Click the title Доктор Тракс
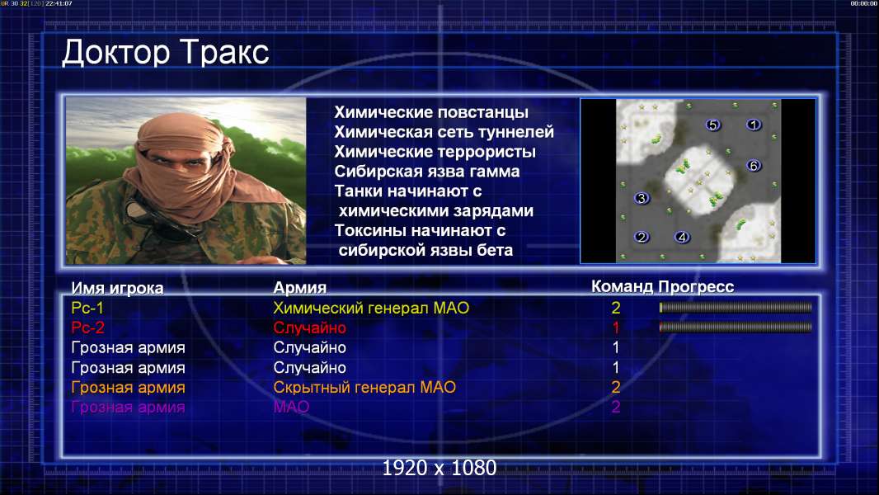166,52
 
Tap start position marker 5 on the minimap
712,125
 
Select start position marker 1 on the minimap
754,125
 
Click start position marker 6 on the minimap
754,165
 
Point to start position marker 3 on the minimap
642,198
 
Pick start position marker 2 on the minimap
642,237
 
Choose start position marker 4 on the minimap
682,237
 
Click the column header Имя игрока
117,288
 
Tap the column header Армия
300,288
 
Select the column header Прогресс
696,286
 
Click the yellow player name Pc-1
87,308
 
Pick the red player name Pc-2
88,328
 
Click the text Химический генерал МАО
371,308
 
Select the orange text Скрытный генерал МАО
364,387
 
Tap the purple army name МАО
292,407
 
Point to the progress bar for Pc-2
736,327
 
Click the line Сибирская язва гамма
427,171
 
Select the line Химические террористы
435,151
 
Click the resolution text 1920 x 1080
439,468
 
